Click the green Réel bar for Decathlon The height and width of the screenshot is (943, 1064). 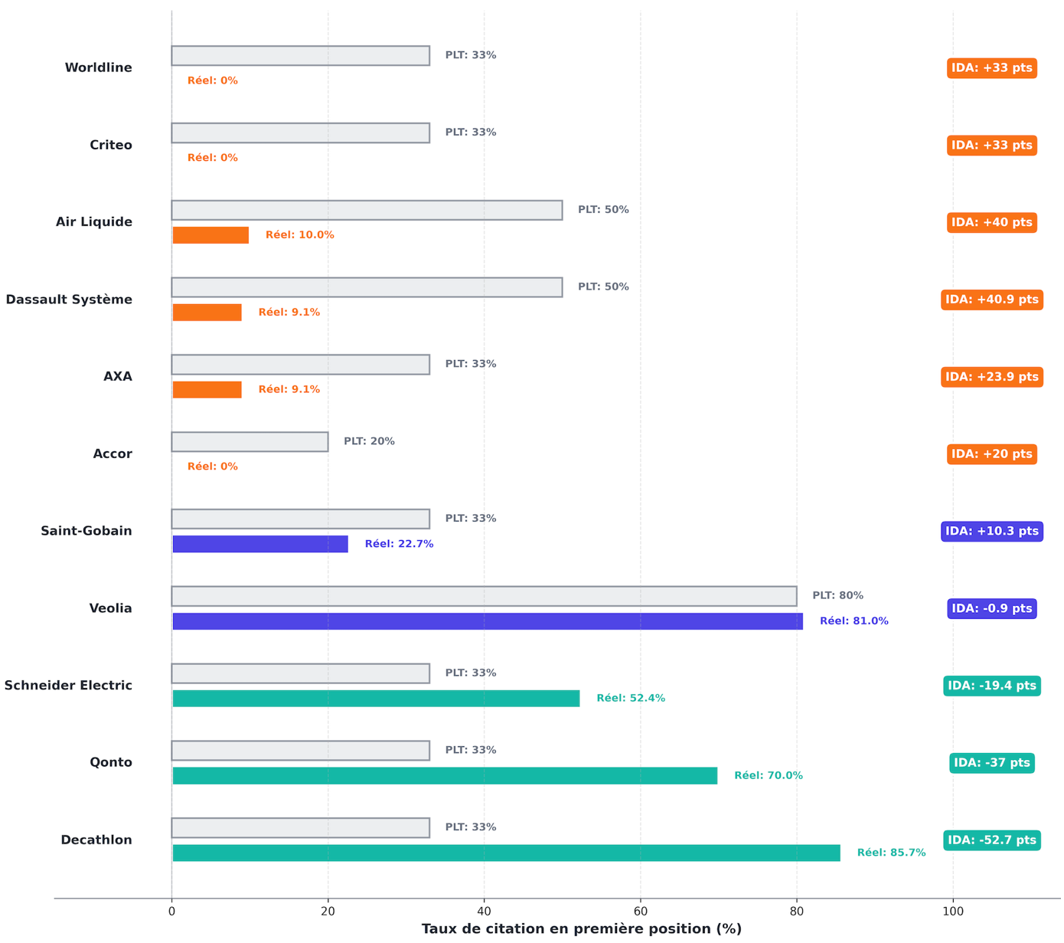click(x=506, y=853)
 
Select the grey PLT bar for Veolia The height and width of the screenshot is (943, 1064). click(x=484, y=596)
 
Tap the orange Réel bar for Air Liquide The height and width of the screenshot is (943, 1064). click(x=211, y=235)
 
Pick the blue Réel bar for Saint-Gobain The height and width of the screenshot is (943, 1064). click(x=260, y=544)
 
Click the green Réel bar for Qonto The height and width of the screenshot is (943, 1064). click(x=445, y=775)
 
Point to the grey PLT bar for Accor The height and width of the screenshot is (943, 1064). click(x=250, y=442)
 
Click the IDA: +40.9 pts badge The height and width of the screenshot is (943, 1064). click(x=991, y=300)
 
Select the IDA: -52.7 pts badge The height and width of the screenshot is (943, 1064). click(x=991, y=840)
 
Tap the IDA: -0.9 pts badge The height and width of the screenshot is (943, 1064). click(x=991, y=608)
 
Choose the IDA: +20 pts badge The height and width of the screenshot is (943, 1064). click(x=991, y=454)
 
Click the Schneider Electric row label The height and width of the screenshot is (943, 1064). click(x=68, y=686)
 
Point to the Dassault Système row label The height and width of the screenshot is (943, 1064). click(x=69, y=300)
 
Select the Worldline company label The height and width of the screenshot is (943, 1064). click(x=98, y=68)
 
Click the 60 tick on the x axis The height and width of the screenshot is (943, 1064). click(x=640, y=912)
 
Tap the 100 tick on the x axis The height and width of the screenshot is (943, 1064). click(x=953, y=912)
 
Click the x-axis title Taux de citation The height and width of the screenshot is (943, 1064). click(x=581, y=929)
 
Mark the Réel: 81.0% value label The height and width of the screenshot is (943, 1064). click(x=853, y=621)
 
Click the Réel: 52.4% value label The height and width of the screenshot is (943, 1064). click(x=631, y=699)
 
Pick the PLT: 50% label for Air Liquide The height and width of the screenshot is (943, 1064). click(x=603, y=210)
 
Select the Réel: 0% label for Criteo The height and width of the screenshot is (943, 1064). click(x=212, y=158)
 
